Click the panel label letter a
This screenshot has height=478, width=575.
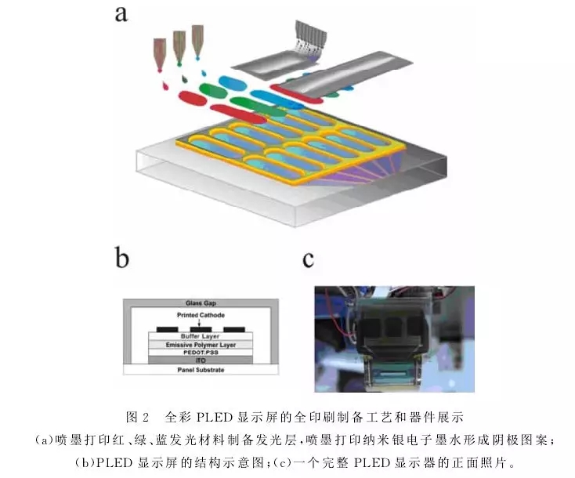[121, 15]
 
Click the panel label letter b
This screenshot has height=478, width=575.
[122, 258]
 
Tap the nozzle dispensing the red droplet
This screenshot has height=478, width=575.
[160, 53]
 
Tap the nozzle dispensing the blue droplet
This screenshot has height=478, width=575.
[197, 42]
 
